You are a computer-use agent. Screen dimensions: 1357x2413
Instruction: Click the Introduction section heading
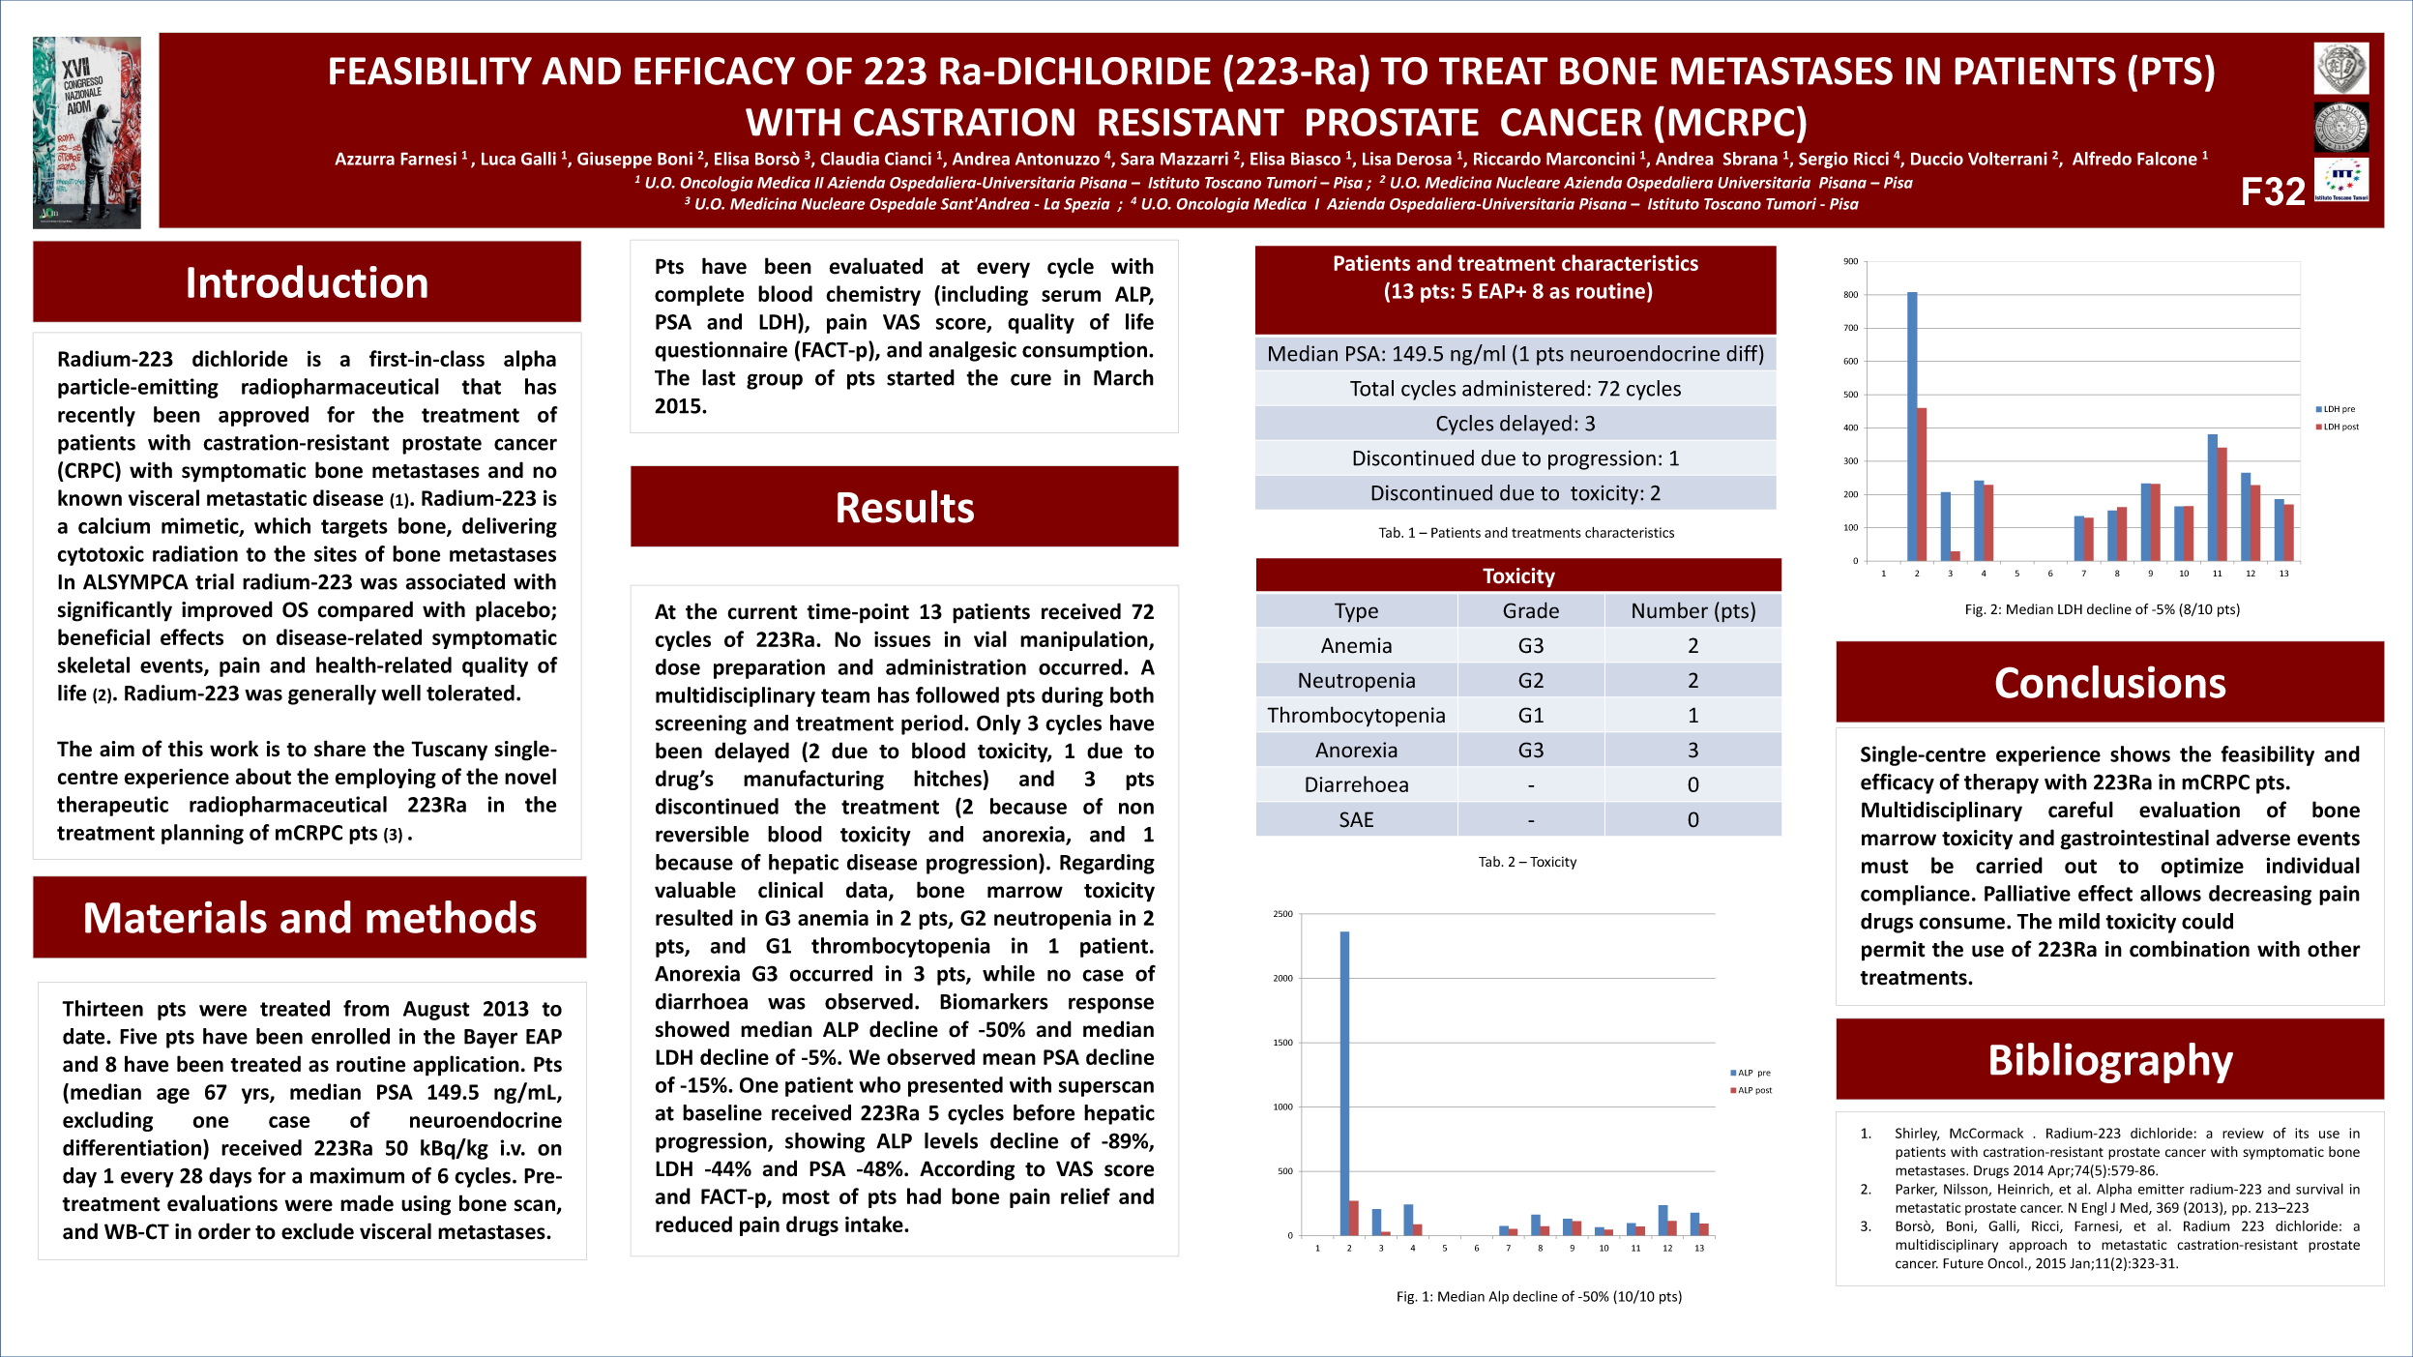coord(307,282)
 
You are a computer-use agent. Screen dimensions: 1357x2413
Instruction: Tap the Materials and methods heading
coord(309,918)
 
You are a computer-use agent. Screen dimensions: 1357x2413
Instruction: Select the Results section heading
coord(904,508)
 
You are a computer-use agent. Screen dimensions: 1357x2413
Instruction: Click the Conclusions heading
coord(2109,683)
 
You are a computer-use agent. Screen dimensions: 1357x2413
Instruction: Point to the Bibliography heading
coord(2109,1060)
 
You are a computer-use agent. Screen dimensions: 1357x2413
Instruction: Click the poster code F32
coord(2273,192)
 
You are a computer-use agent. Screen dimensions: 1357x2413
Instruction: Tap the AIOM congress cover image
coord(87,133)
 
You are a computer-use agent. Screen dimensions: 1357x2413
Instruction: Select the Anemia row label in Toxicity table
coord(1356,646)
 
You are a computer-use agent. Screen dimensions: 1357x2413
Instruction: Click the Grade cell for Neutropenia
coord(1530,681)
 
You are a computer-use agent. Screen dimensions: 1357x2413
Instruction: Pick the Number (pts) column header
coord(1692,611)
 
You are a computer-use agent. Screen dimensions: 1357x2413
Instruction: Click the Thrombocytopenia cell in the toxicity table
coord(1356,716)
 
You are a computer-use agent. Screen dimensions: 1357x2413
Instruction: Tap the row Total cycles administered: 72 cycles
coord(1515,389)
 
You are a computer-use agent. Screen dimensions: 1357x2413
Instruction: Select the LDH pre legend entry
coord(2338,409)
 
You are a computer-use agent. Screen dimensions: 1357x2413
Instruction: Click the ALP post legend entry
coord(1752,1090)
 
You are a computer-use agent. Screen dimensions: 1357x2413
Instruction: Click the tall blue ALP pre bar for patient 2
coord(1344,1083)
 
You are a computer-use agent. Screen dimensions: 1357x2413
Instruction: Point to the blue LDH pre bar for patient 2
coord(1912,426)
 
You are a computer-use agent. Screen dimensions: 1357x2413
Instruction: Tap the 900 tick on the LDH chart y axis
coord(1850,261)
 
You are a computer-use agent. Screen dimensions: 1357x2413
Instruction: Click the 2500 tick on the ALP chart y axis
coord(1282,914)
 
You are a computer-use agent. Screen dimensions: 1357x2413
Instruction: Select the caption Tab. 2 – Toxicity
coord(1527,862)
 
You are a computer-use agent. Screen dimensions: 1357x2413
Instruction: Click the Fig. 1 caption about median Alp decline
coord(1539,1297)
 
